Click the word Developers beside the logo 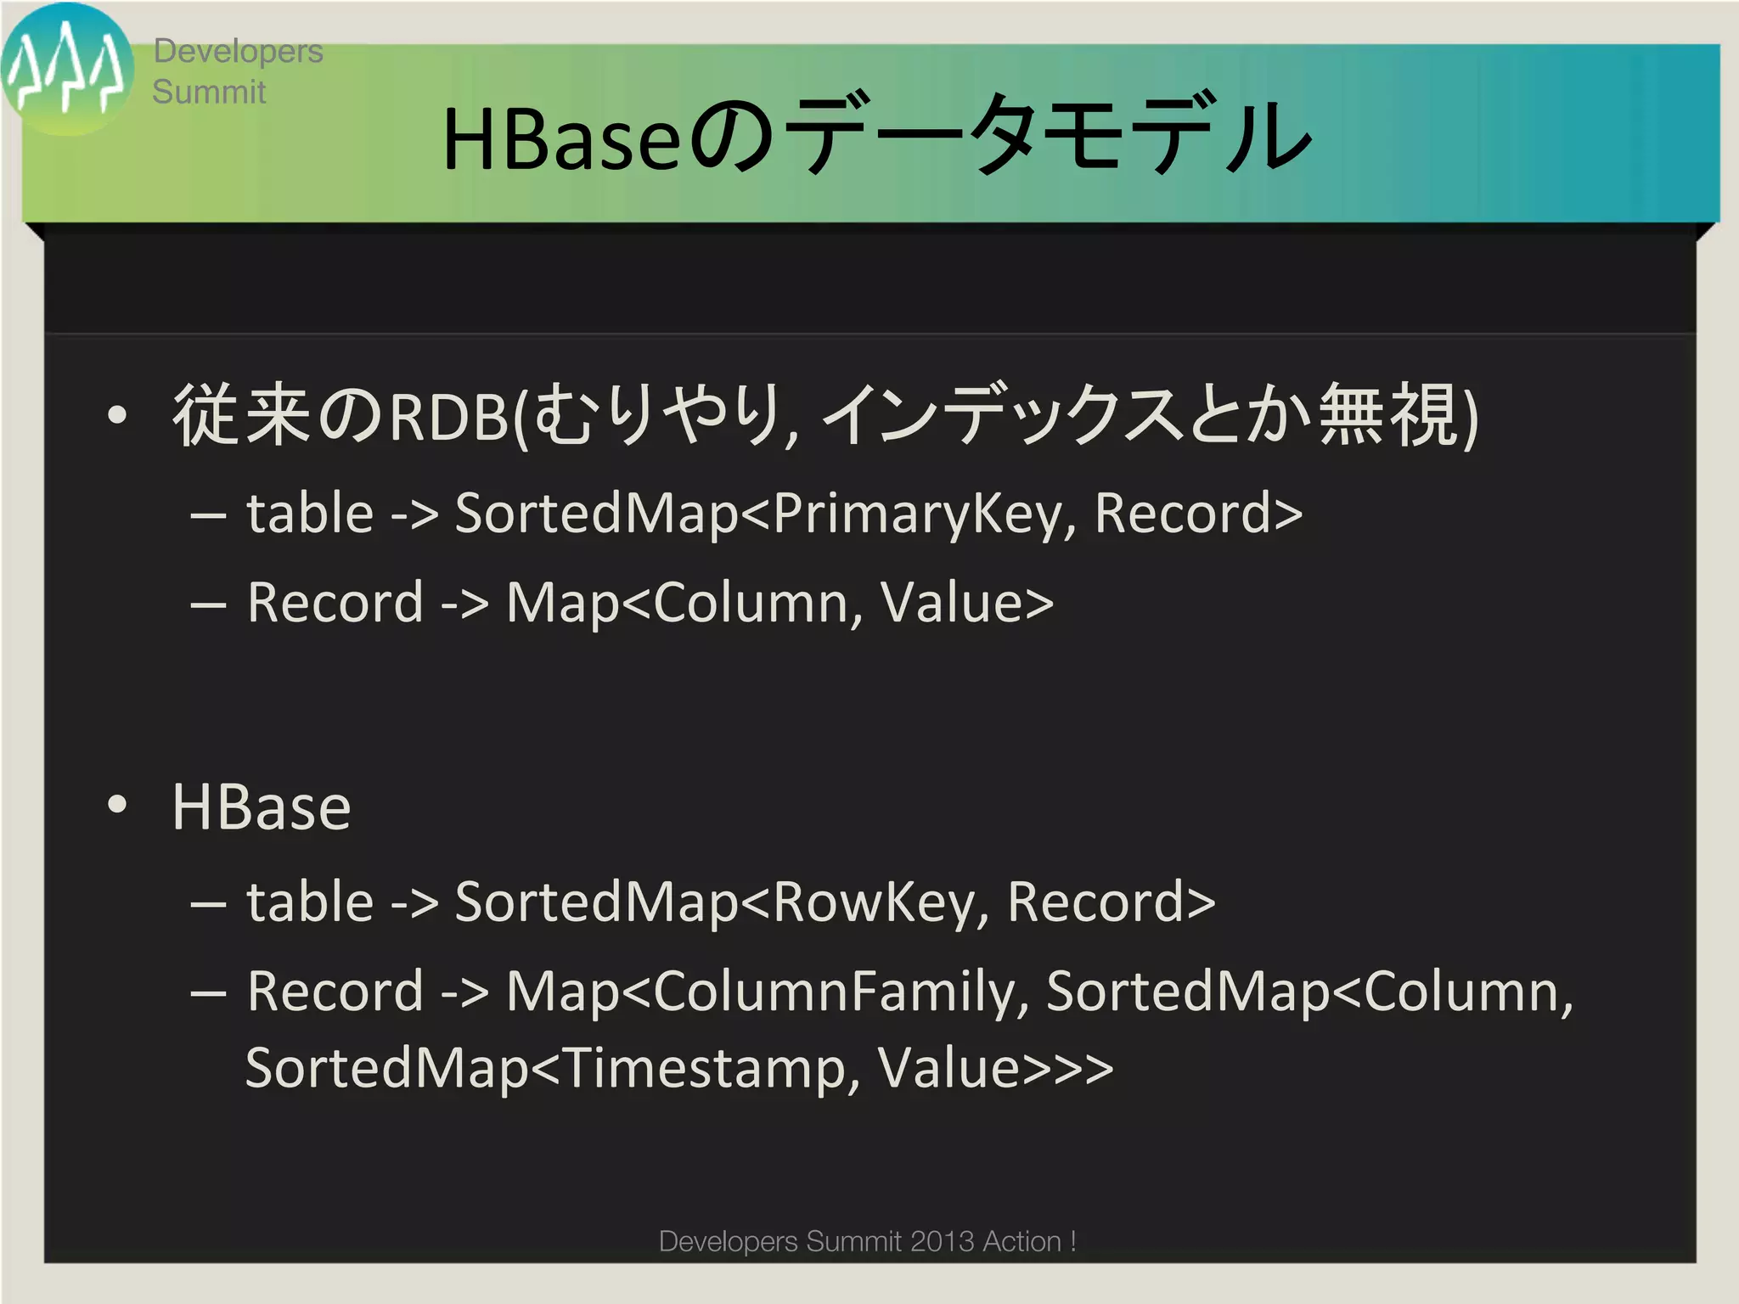[x=238, y=51]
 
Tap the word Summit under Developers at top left [x=209, y=92]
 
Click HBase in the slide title [x=560, y=139]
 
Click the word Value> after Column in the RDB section [x=966, y=603]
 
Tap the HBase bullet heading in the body [x=262, y=807]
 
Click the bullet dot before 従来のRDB [x=117, y=416]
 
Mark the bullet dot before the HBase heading [x=117, y=805]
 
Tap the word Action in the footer [x=1021, y=1241]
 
